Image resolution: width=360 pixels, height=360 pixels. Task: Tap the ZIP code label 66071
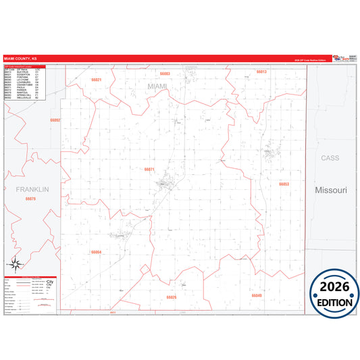point(149,169)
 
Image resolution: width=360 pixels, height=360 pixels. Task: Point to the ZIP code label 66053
point(284,184)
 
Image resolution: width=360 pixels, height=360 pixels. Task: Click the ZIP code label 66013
point(261,71)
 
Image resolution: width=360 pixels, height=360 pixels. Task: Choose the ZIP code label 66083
point(164,73)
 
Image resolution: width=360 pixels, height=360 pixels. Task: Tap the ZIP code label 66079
point(30,199)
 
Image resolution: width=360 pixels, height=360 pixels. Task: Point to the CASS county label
point(330,157)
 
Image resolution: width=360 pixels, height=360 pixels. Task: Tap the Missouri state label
point(330,190)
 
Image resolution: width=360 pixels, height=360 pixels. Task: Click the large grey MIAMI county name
point(157,86)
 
